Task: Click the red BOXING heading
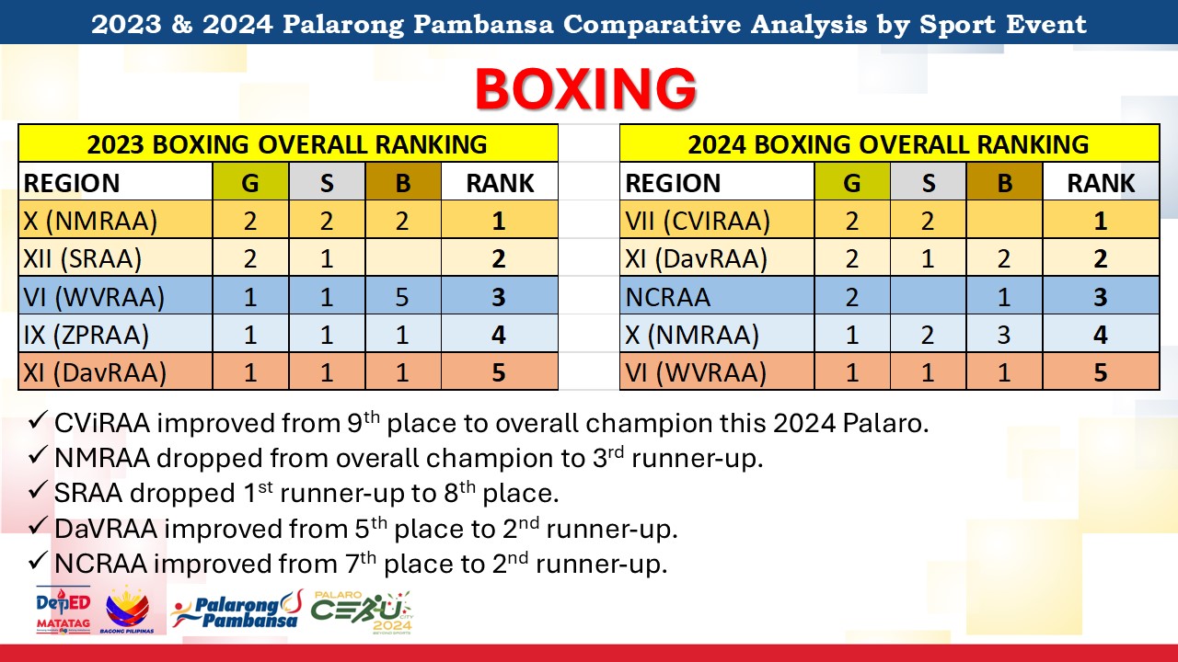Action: pos(586,89)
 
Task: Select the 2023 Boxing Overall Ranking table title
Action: pos(287,144)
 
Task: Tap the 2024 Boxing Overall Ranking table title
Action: pos(888,144)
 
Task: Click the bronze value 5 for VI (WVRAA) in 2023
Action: pos(402,297)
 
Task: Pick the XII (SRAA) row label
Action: pos(83,258)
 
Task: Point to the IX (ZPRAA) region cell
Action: pos(87,335)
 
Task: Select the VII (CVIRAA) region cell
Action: pos(698,221)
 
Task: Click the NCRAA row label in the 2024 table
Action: pos(667,297)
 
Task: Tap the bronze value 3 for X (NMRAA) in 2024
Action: pos(1004,335)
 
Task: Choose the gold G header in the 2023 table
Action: pos(250,182)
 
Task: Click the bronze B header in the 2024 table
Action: pos(1004,182)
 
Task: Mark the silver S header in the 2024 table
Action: pos(929,182)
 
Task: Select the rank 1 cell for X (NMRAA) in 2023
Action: pos(499,221)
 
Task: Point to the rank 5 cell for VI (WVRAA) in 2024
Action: pos(1101,372)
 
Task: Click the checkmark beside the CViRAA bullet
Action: pos(38,421)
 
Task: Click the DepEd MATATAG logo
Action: pos(64,610)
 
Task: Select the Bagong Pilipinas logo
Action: pos(127,610)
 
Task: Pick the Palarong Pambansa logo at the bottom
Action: pos(237,610)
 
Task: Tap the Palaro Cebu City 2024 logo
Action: pos(362,612)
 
